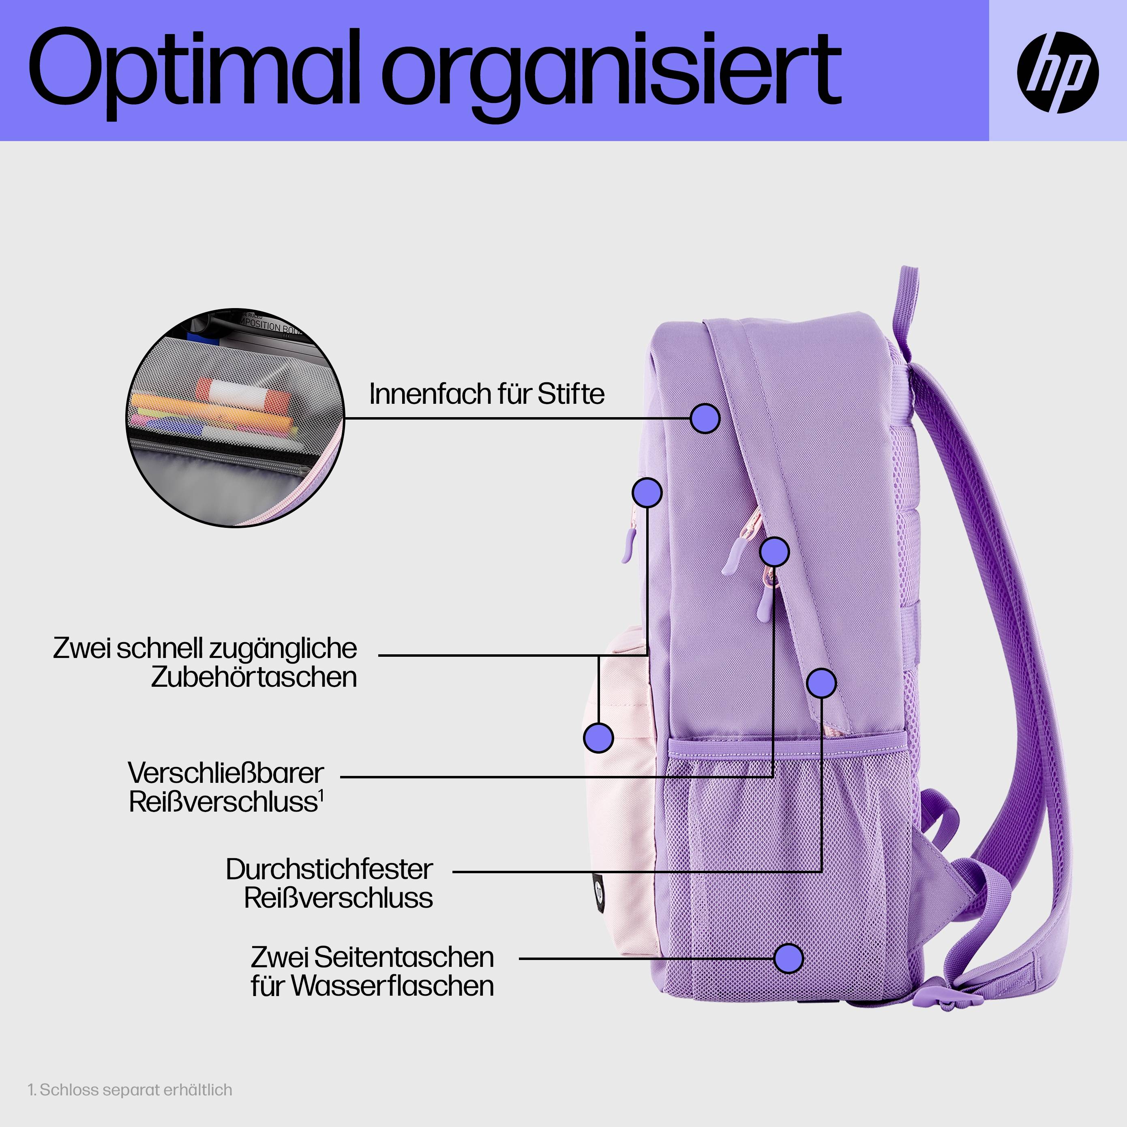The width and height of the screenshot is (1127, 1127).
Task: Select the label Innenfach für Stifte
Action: [486, 394]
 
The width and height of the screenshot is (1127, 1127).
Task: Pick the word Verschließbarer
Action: [226, 773]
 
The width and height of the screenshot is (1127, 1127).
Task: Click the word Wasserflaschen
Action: [392, 986]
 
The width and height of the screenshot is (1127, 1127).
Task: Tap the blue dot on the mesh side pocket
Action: [788, 958]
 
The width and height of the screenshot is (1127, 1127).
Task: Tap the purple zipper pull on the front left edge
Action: [627, 545]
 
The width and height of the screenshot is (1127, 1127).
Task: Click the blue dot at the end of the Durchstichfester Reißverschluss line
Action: [821, 683]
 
